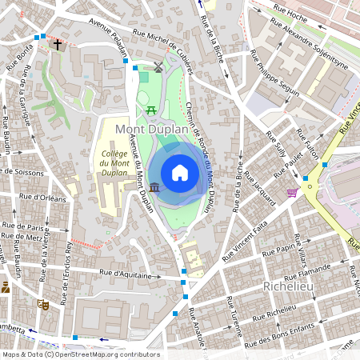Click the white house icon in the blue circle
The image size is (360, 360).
click(x=180, y=172)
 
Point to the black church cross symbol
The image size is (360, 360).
click(x=58, y=44)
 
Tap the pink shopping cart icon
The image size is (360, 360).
click(x=292, y=192)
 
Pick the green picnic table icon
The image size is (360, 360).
click(x=150, y=109)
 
